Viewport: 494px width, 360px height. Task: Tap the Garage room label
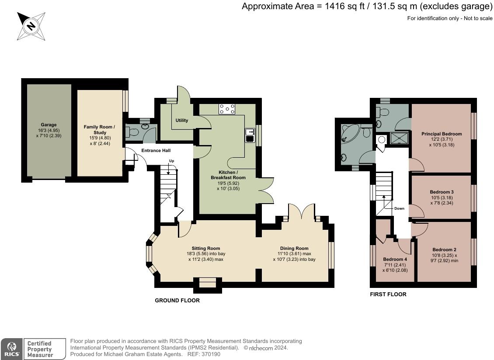tap(49, 125)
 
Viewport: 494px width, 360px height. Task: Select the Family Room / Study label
tap(100, 130)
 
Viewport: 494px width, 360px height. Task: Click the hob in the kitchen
tap(227, 109)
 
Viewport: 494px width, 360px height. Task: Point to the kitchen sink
tap(250, 135)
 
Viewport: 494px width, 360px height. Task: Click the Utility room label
tap(182, 120)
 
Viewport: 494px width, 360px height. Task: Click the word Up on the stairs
tap(171, 161)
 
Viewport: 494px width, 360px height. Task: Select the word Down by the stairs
tap(399, 208)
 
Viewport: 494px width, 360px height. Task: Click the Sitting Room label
tap(206, 248)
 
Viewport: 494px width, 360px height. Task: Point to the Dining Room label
tap(294, 248)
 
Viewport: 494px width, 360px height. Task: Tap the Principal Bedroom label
tap(442, 134)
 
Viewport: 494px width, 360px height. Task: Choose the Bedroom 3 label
tap(442, 192)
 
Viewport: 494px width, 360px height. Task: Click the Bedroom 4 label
tap(395, 259)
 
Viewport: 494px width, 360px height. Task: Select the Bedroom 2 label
tap(444, 249)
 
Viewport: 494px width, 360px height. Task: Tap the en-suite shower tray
tap(399, 138)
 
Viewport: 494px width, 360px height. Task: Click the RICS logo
tap(12, 349)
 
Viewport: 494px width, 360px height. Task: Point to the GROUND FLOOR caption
tap(177, 301)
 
